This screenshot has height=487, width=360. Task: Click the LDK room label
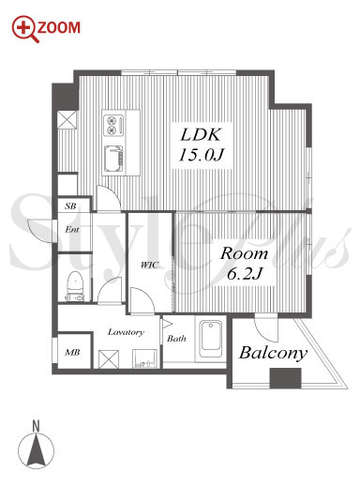click(201, 135)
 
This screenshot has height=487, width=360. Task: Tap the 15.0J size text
click(202, 155)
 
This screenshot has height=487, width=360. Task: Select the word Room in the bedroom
click(244, 253)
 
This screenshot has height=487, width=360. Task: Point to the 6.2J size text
click(244, 274)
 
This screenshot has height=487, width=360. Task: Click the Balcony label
click(274, 353)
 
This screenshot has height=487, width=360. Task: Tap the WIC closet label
click(150, 265)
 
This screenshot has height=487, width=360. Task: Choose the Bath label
click(176, 338)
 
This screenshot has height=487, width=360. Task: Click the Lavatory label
click(126, 332)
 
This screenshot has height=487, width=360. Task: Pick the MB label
click(72, 353)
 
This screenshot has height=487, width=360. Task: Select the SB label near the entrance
click(70, 206)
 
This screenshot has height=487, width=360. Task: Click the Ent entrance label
click(72, 230)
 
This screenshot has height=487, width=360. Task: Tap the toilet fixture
click(75, 286)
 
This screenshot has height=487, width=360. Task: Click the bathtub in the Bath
click(211, 339)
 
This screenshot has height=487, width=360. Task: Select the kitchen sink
click(113, 159)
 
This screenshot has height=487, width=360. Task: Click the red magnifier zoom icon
click(25, 28)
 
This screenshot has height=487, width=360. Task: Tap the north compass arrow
click(36, 450)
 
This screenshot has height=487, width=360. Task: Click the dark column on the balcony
click(285, 378)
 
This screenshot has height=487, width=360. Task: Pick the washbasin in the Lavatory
click(144, 358)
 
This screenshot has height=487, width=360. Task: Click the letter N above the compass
click(37, 426)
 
